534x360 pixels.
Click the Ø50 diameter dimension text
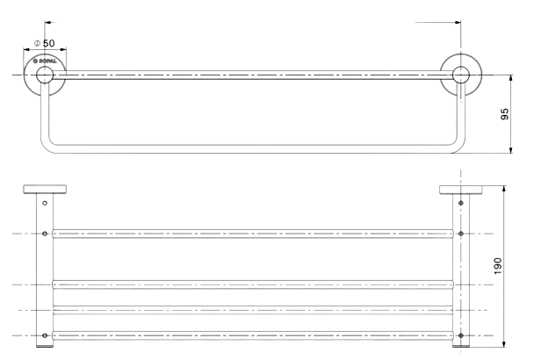[x=43, y=43]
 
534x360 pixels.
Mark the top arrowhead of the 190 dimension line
[x=504, y=188]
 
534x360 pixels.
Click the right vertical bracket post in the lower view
[x=460, y=272]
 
